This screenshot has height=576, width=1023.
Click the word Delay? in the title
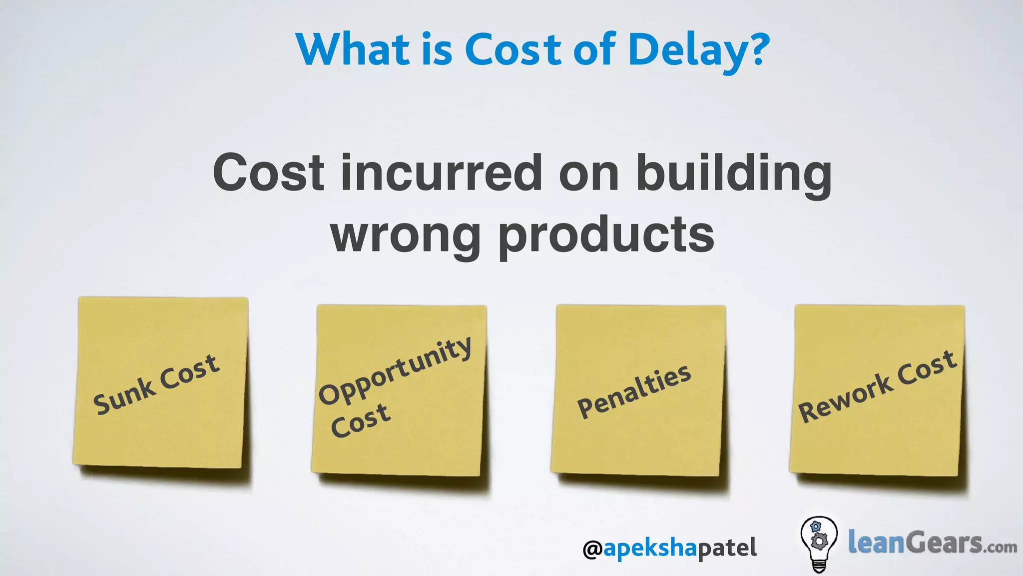pyautogui.click(x=699, y=50)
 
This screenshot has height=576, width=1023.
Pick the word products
pyautogui.click(x=606, y=236)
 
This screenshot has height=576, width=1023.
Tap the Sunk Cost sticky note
pyautogui.click(x=161, y=383)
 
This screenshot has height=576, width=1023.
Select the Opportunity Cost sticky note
pyautogui.click(x=399, y=390)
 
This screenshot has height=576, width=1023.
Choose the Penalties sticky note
pyautogui.click(x=638, y=390)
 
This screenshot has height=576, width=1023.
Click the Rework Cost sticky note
pyautogui.click(x=877, y=390)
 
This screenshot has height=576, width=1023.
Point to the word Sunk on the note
pyautogui.click(x=123, y=396)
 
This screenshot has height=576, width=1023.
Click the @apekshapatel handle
pyautogui.click(x=669, y=548)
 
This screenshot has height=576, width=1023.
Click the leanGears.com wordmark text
pyautogui.click(x=932, y=543)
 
